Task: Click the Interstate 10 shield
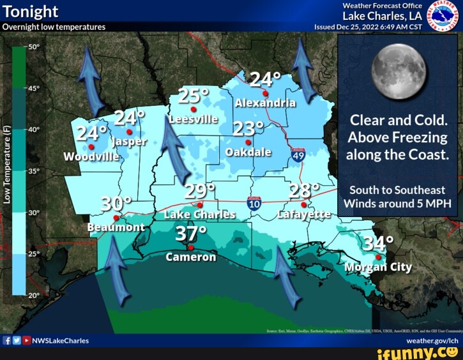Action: [254, 204]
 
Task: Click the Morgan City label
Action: [378, 267]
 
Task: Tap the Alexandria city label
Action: [265, 103]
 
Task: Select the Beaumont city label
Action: [116, 227]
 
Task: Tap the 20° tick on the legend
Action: [33, 295]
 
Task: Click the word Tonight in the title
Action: [31, 11]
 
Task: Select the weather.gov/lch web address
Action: [433, 341]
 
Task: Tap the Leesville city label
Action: [194, 119]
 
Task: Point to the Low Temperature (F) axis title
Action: [7, 164]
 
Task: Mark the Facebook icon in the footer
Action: [7, 341]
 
